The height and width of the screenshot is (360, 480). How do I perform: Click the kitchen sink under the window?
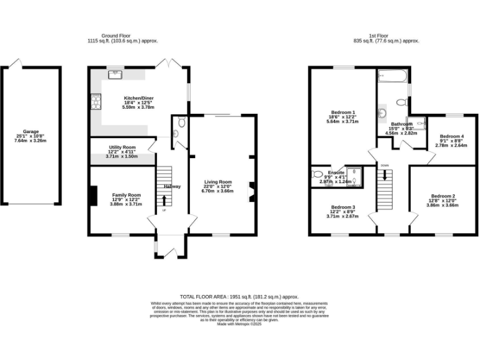pos(115,74)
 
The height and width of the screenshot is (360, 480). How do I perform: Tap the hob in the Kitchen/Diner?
pos(96,100)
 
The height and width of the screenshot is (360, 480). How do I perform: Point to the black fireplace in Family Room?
pos(92,196)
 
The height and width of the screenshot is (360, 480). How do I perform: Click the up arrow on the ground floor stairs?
pos(164,200)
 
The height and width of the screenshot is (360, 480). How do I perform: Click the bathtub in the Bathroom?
pos(392,77)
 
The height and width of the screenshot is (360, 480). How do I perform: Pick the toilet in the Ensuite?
pos(316,175)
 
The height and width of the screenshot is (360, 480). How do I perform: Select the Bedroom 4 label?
pos(451,136)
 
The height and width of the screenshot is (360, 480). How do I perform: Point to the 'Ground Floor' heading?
pos(122,36)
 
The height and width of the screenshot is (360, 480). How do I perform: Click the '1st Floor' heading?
pos(378,36)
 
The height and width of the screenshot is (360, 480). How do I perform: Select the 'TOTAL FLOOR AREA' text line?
pos(239,297)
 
